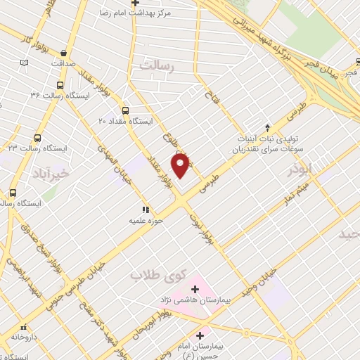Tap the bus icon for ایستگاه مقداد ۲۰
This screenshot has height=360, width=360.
point(126,110)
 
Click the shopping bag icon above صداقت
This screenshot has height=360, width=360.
point(64,52)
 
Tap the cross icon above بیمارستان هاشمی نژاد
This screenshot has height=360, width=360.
point(195,289)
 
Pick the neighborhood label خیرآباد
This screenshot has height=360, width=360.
point(51,173)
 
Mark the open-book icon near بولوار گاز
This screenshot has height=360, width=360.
point(25,62)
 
